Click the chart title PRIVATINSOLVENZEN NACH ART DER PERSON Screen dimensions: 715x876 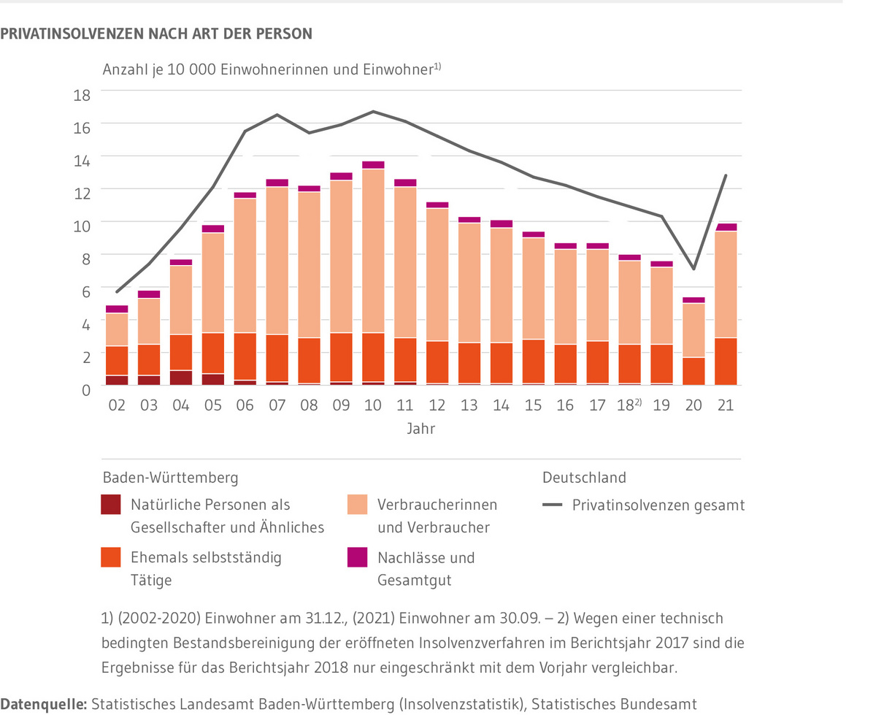tap(157, 34)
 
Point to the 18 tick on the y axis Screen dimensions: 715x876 tap(81, 94)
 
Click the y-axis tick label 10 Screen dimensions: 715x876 tap(81, 225)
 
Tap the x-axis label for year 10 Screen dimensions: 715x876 tap(373, 405)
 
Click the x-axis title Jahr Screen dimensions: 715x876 tap(421, 429)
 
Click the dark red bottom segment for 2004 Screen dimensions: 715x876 tap(181, 378)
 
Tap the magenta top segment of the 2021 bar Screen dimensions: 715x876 tap(726, 227)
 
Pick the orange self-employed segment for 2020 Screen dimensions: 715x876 tap(693, 371)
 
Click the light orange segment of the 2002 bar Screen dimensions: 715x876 tap(117, 329)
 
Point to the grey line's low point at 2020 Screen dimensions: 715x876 tap(693, 269)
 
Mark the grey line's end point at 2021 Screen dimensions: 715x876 tap(726, 175)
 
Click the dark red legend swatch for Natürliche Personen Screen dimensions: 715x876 tap(111, 505)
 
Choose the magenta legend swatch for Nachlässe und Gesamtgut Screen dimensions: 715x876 tap(357, 558)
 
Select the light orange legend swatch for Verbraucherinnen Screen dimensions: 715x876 tap(357, 505)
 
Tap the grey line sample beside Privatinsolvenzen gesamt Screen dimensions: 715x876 tap(553, 505)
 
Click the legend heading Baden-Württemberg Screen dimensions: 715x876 tap(170, 478)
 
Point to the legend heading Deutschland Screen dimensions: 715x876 tap(584, 478)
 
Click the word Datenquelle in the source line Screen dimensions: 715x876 tap(44, 704)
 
